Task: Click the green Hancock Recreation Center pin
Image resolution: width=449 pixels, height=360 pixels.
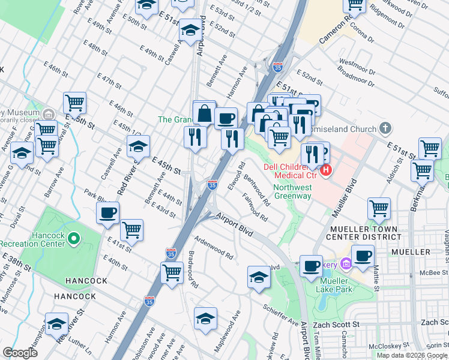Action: tap(73, 239)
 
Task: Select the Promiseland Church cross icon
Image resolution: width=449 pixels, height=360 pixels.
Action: tap(385, 128)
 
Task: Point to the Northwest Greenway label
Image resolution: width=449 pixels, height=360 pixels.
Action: tap(292, 191)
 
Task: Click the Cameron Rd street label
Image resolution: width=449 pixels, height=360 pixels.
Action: tap(335, 31)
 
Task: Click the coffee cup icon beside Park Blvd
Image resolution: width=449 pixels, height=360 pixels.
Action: tap(108, 212)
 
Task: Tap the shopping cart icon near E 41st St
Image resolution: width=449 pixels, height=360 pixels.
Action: tap(132, 229)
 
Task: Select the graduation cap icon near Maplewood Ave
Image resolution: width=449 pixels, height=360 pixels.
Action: tap(205, 318)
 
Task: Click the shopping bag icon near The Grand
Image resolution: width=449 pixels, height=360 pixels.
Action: tap(204, 112)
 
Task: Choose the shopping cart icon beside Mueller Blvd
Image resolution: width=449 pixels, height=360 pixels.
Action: tap(379, 209)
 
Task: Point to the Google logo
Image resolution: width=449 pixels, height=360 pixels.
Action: tap(20, 353)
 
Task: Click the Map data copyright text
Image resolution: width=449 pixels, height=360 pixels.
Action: tap(412, 355)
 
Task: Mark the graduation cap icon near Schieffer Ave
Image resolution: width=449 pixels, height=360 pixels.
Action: tap(259, 277)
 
